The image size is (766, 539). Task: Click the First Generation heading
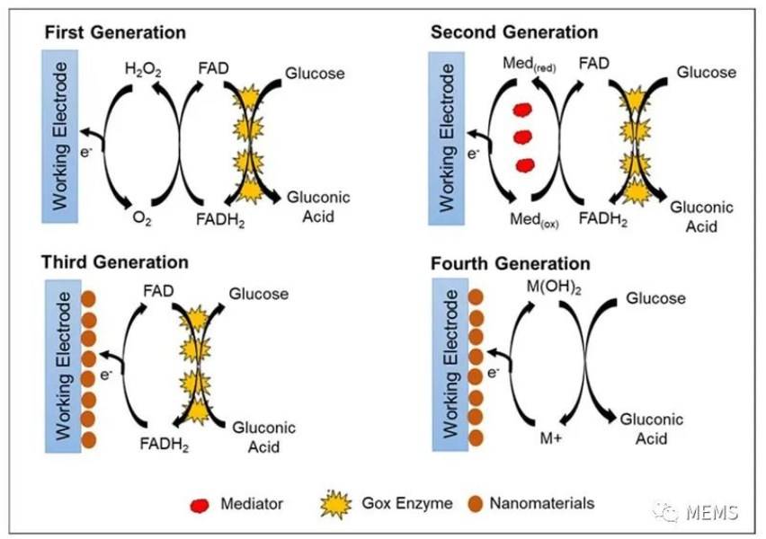115,32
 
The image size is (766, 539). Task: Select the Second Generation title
514,32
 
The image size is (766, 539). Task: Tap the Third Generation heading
115,262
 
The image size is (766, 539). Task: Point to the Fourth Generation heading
511,263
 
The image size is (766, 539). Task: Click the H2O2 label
143,70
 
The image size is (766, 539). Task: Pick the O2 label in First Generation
142,218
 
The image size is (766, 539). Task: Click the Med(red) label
530,64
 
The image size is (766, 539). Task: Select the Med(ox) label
534,220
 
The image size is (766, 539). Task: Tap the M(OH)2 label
554,287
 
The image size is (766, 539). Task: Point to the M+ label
550,438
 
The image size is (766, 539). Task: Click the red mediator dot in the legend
200,505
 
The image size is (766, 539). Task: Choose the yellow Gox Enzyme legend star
335,504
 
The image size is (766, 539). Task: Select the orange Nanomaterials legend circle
475,504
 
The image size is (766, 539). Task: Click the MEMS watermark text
712,512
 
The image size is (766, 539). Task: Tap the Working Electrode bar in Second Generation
447,138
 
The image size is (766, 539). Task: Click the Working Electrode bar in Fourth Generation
450,364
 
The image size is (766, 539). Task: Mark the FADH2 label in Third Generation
165,445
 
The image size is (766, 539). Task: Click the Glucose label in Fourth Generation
655,298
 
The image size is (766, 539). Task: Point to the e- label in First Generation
85,153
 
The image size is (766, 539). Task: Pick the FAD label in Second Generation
593,64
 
